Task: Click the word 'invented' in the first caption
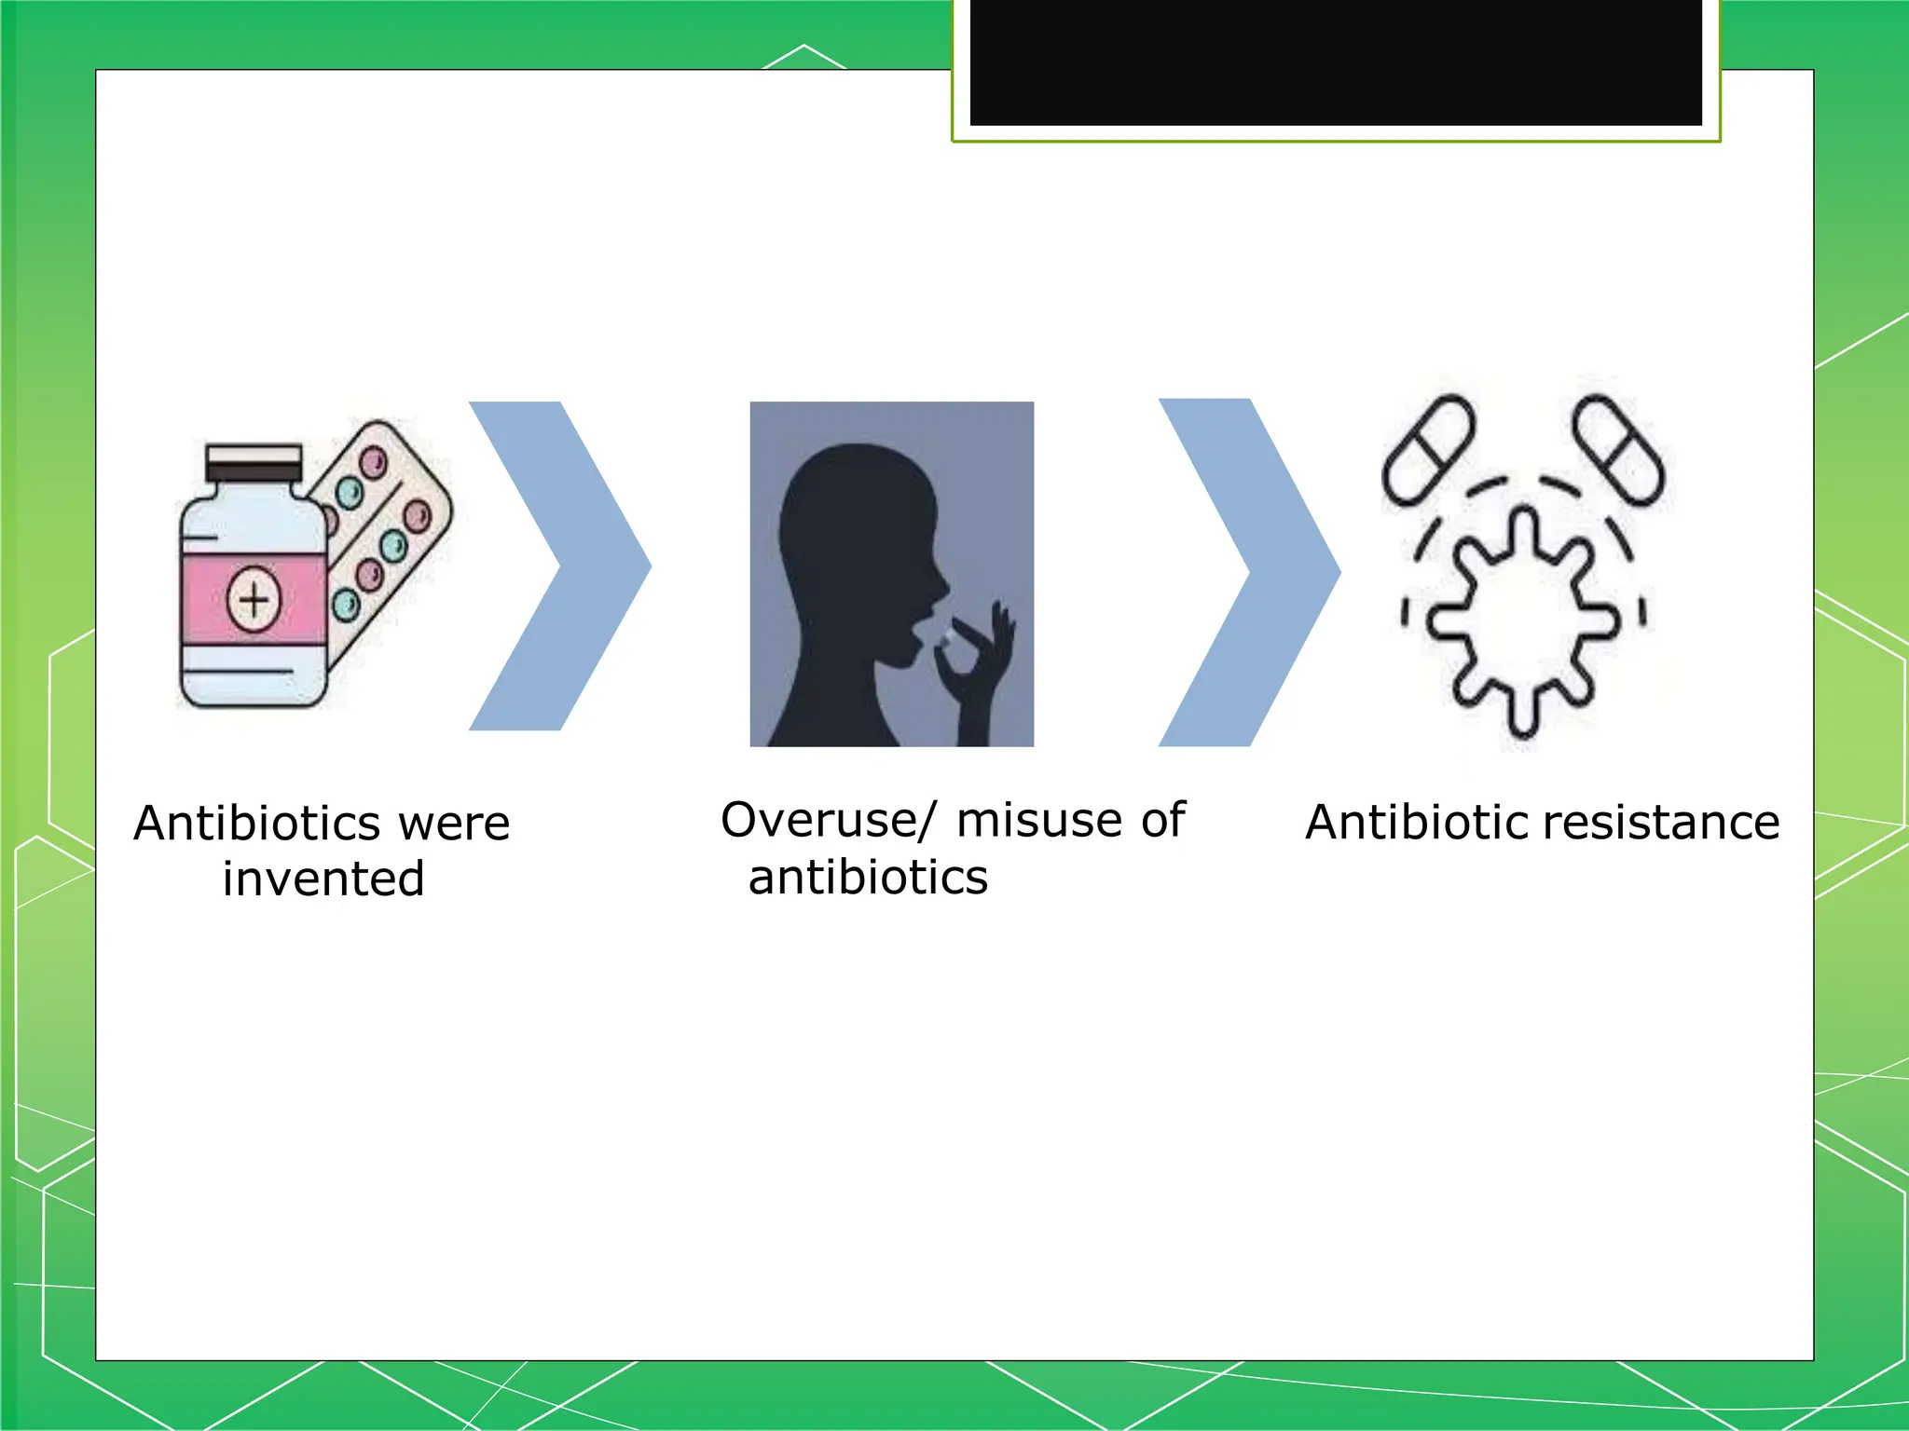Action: click(323, 879)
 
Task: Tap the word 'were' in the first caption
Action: click(454, 824)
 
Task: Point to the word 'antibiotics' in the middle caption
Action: click(868, 878)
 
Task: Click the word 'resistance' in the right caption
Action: click(1661, 823)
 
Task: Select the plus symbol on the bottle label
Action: click(254, 599)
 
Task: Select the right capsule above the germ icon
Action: click(1617, 449)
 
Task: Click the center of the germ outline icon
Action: click(1521, 622)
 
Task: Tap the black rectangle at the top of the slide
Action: click(1336, 61)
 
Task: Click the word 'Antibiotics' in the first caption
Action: click(256, 824)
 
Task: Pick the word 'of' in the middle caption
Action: click(1162, 821)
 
